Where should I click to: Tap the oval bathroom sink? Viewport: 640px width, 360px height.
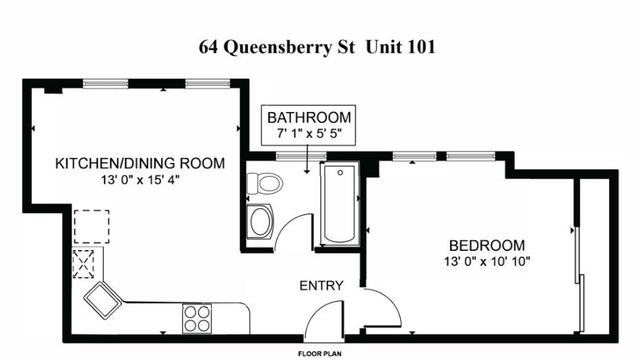point(260,221)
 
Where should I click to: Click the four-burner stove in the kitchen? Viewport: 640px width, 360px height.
point(196,318)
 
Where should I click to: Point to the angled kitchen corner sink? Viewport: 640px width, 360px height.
point(102,297)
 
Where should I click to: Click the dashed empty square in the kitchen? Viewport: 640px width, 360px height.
point(90,225)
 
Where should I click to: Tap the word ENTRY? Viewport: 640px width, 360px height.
point(321,286)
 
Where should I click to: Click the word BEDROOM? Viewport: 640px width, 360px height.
point(486,245)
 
